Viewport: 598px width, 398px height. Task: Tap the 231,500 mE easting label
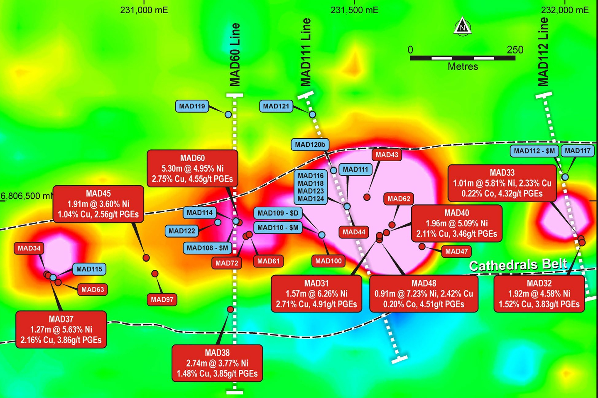pyautogui.click(x=354, y=10)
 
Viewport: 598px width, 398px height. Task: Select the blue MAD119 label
pyautogui.click(x=192, y=106)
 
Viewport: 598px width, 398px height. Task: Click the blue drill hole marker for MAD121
pyautogui.click(x=312, y=114)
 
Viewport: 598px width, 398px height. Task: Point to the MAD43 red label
pyautogui.click(x=387, y=155)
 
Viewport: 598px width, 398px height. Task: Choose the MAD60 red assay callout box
pyautogui.click(x=192, y=169)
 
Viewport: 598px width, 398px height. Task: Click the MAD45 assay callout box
pyautogui.click(x=98, y=204)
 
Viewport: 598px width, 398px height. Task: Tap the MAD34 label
pyautogui.click(x=29, y=248)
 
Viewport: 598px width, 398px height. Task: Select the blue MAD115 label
pyautogui.click(x=89, y=269)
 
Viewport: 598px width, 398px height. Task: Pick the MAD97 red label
pyautogui.click(x=162, y=299)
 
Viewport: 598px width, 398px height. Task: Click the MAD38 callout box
pyautogui.click(x=217, y=363)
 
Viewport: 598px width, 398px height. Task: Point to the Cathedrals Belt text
pyautogui.click(x=518, y=265)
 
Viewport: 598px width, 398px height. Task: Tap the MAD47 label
pyautogui.click(x=456, y=251)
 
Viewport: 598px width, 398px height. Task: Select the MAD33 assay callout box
pyautogui.click(x=502, y=183)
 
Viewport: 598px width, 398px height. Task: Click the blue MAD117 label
pyautogui.click(x=577, y=151)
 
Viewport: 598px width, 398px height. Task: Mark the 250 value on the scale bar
pyautogui.click(x=515, y=50)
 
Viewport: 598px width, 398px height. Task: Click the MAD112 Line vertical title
pyautogui.click(x=543, y=52)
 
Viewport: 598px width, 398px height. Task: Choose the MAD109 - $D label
pyautogui.click(x=278, y=213)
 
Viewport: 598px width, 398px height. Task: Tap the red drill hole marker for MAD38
pyautogui.click(x=230, y=309)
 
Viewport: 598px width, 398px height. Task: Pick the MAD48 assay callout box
pyautogui.click(x=424, y=294)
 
